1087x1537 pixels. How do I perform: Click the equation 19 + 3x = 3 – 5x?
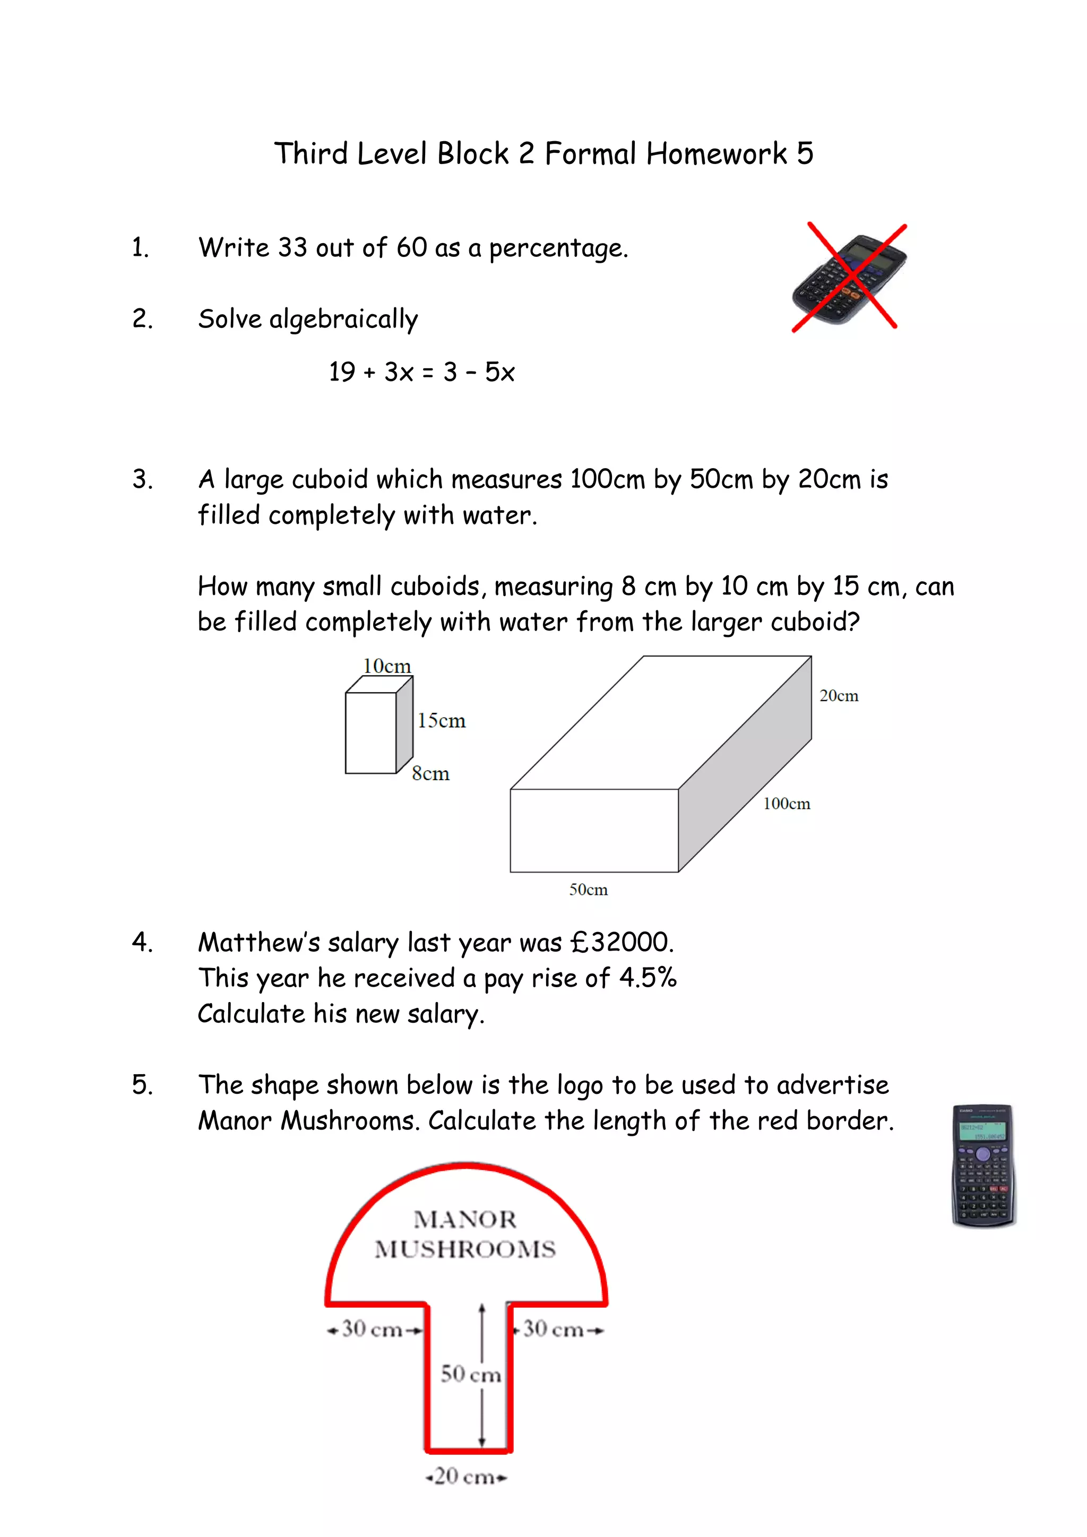coord(421,372)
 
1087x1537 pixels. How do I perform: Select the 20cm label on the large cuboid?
coord(839,696)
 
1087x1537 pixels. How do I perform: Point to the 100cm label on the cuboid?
coord(787,804)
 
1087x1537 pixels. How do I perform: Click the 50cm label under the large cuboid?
coord(588,890)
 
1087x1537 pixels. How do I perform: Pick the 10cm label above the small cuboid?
coord(387,666)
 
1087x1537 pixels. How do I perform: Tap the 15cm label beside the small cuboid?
coord(441,721)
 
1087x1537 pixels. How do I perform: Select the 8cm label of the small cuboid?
coord(430,774)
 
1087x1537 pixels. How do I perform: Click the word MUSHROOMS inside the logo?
coord(465,1249)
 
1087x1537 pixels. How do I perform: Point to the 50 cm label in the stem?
coord(471,1374)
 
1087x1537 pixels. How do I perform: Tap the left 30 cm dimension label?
coord(372,1329)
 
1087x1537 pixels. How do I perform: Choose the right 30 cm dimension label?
coord(554,1329)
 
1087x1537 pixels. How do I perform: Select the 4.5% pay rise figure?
coord(647,978)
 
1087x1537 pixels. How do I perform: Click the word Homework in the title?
coord(716,154)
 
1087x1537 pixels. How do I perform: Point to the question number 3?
coord(142,479)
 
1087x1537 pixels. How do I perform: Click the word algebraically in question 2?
coord(343,320)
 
